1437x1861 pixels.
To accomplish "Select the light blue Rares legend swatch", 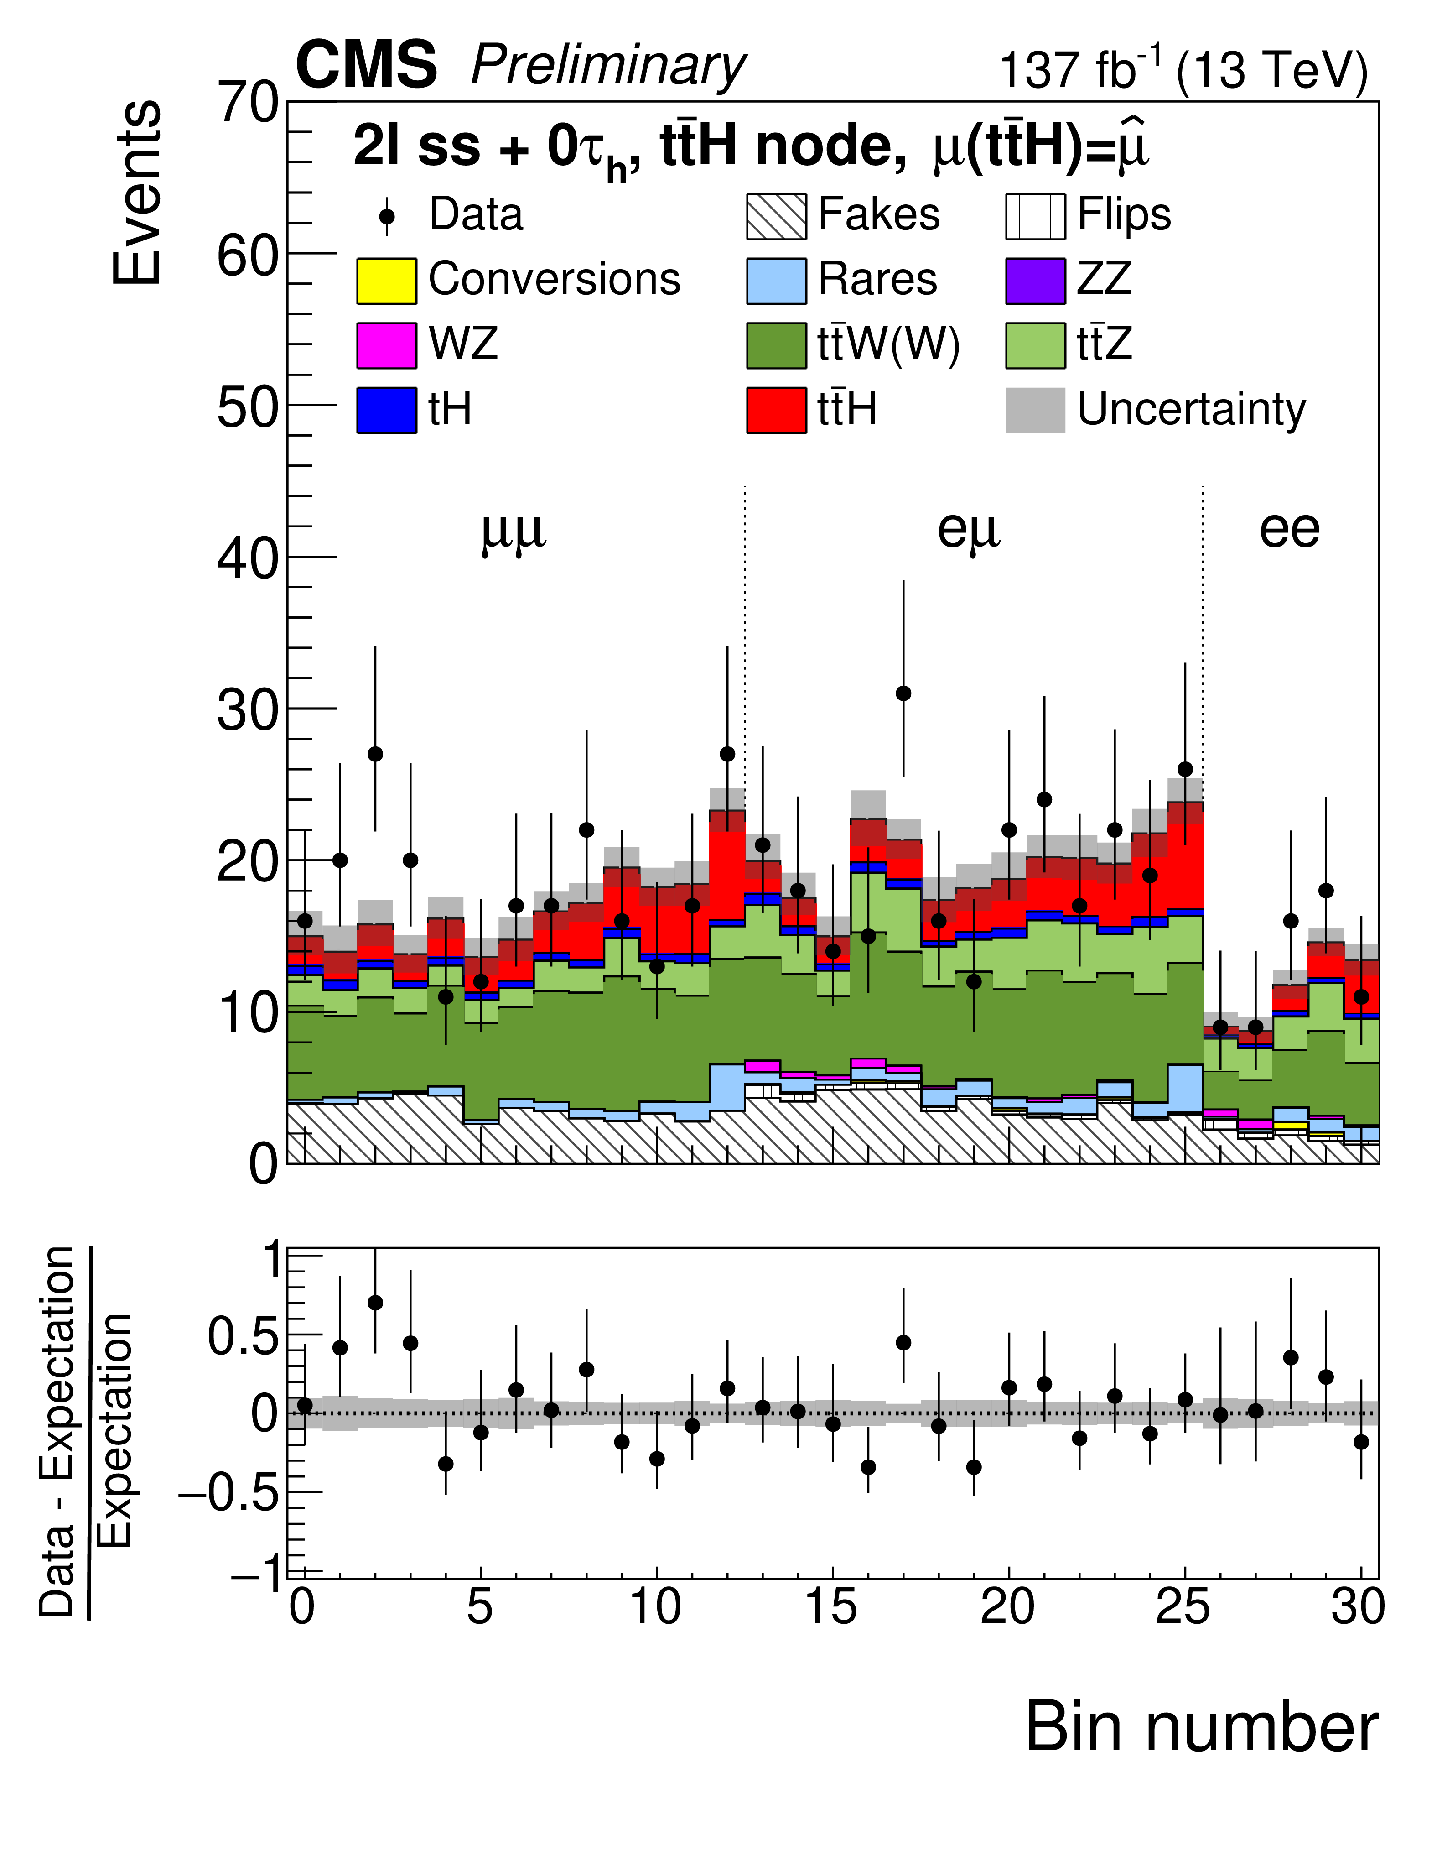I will point(776,280).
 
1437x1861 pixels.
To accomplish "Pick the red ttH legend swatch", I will point(776,410).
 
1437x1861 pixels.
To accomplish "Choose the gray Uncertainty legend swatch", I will point(1035,410).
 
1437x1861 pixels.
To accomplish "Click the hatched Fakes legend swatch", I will point(776,216).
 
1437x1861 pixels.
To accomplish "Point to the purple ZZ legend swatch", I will point(1035,280).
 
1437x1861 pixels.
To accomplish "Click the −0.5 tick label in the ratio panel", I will point(228,1493).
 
